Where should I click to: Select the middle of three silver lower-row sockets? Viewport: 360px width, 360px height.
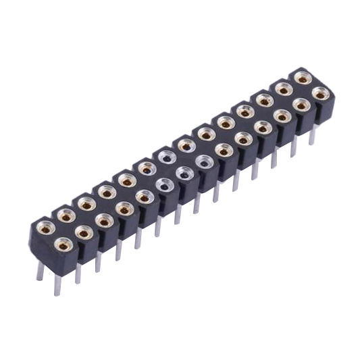click(x=184, y=174)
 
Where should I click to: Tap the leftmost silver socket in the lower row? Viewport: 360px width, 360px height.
click(x=163, y=184)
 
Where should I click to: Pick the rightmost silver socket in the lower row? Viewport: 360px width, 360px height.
click(x=203, y=161)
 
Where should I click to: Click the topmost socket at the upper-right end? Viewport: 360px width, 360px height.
click(x=303, y=78)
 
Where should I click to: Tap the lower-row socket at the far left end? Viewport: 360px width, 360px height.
click(x=63, y=245)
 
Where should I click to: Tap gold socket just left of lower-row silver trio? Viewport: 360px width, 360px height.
click(x=144, y=197)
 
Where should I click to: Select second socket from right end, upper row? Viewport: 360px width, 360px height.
click(x=284, y=88)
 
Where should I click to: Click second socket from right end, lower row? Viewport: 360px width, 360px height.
click(x=302, y=105)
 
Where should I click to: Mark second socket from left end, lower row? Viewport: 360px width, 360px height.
click(x=84, y=232)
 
